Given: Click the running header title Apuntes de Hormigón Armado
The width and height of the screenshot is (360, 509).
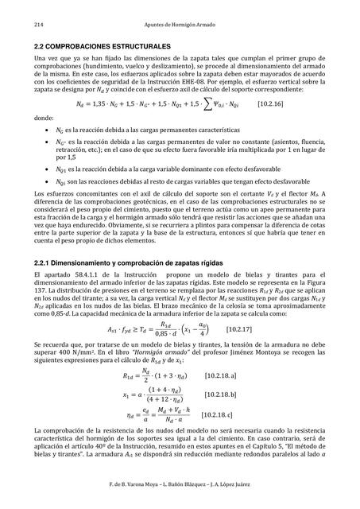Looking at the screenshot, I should tap(180, 26).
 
